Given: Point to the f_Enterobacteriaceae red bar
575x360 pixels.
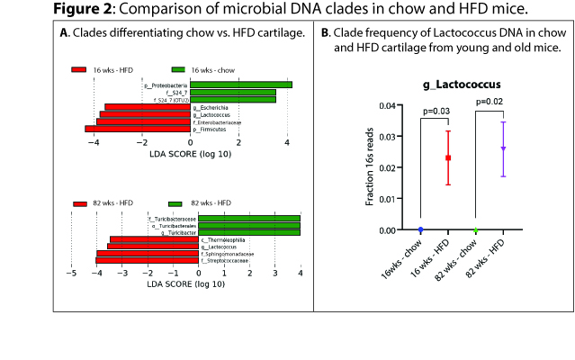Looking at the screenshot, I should (144, 121).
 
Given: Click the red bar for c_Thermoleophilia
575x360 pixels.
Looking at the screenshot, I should (153, 239).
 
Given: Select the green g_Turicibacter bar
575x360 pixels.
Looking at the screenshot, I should (249, 232).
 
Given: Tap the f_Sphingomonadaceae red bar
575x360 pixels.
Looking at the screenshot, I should (148, 254).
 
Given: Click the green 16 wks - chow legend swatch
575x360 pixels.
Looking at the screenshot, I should (177, 69).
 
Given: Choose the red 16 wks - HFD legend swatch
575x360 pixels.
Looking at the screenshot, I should (78, 69).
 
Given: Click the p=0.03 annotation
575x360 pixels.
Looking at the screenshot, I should (436, 111).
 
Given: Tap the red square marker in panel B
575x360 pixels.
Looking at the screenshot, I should (448, 157).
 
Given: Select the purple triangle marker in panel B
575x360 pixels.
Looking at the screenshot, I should (503, 148).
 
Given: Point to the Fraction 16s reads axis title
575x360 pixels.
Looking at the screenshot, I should (370, 167).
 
